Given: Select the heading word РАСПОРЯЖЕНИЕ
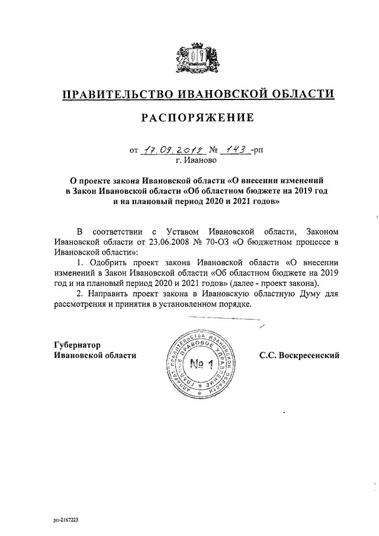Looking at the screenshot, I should point(197,118).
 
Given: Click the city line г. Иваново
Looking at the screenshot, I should point(195,160).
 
